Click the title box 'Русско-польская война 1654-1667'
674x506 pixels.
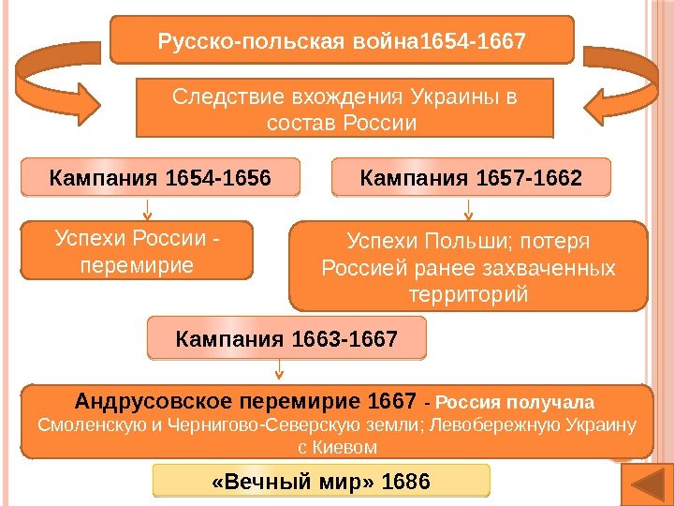(342, 41)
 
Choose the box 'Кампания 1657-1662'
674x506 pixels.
(471, 176)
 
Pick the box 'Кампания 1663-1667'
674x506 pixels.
(286, 337)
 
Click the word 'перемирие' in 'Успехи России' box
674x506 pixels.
(137, 265)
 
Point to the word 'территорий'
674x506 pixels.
(469, 294)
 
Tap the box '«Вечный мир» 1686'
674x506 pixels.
(321, 482)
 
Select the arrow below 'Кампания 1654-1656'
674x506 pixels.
(147, 207)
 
